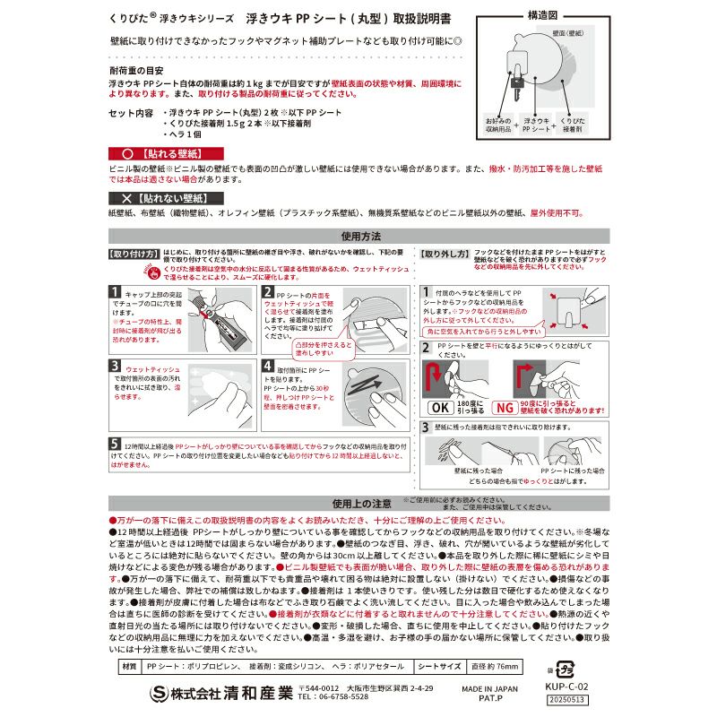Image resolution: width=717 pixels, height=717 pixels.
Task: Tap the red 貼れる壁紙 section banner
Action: pos(166,153)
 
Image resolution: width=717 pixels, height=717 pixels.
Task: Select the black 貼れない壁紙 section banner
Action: pos(166,196)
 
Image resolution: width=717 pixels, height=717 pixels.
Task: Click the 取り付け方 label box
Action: pos(134,254)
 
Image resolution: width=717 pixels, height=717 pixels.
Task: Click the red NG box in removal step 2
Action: pos(505,407)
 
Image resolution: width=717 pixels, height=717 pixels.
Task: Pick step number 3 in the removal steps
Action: pos(426,428)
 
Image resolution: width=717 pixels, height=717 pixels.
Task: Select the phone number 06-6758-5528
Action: pos(333,696)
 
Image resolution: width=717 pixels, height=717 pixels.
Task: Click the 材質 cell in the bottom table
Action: pos(129,667)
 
